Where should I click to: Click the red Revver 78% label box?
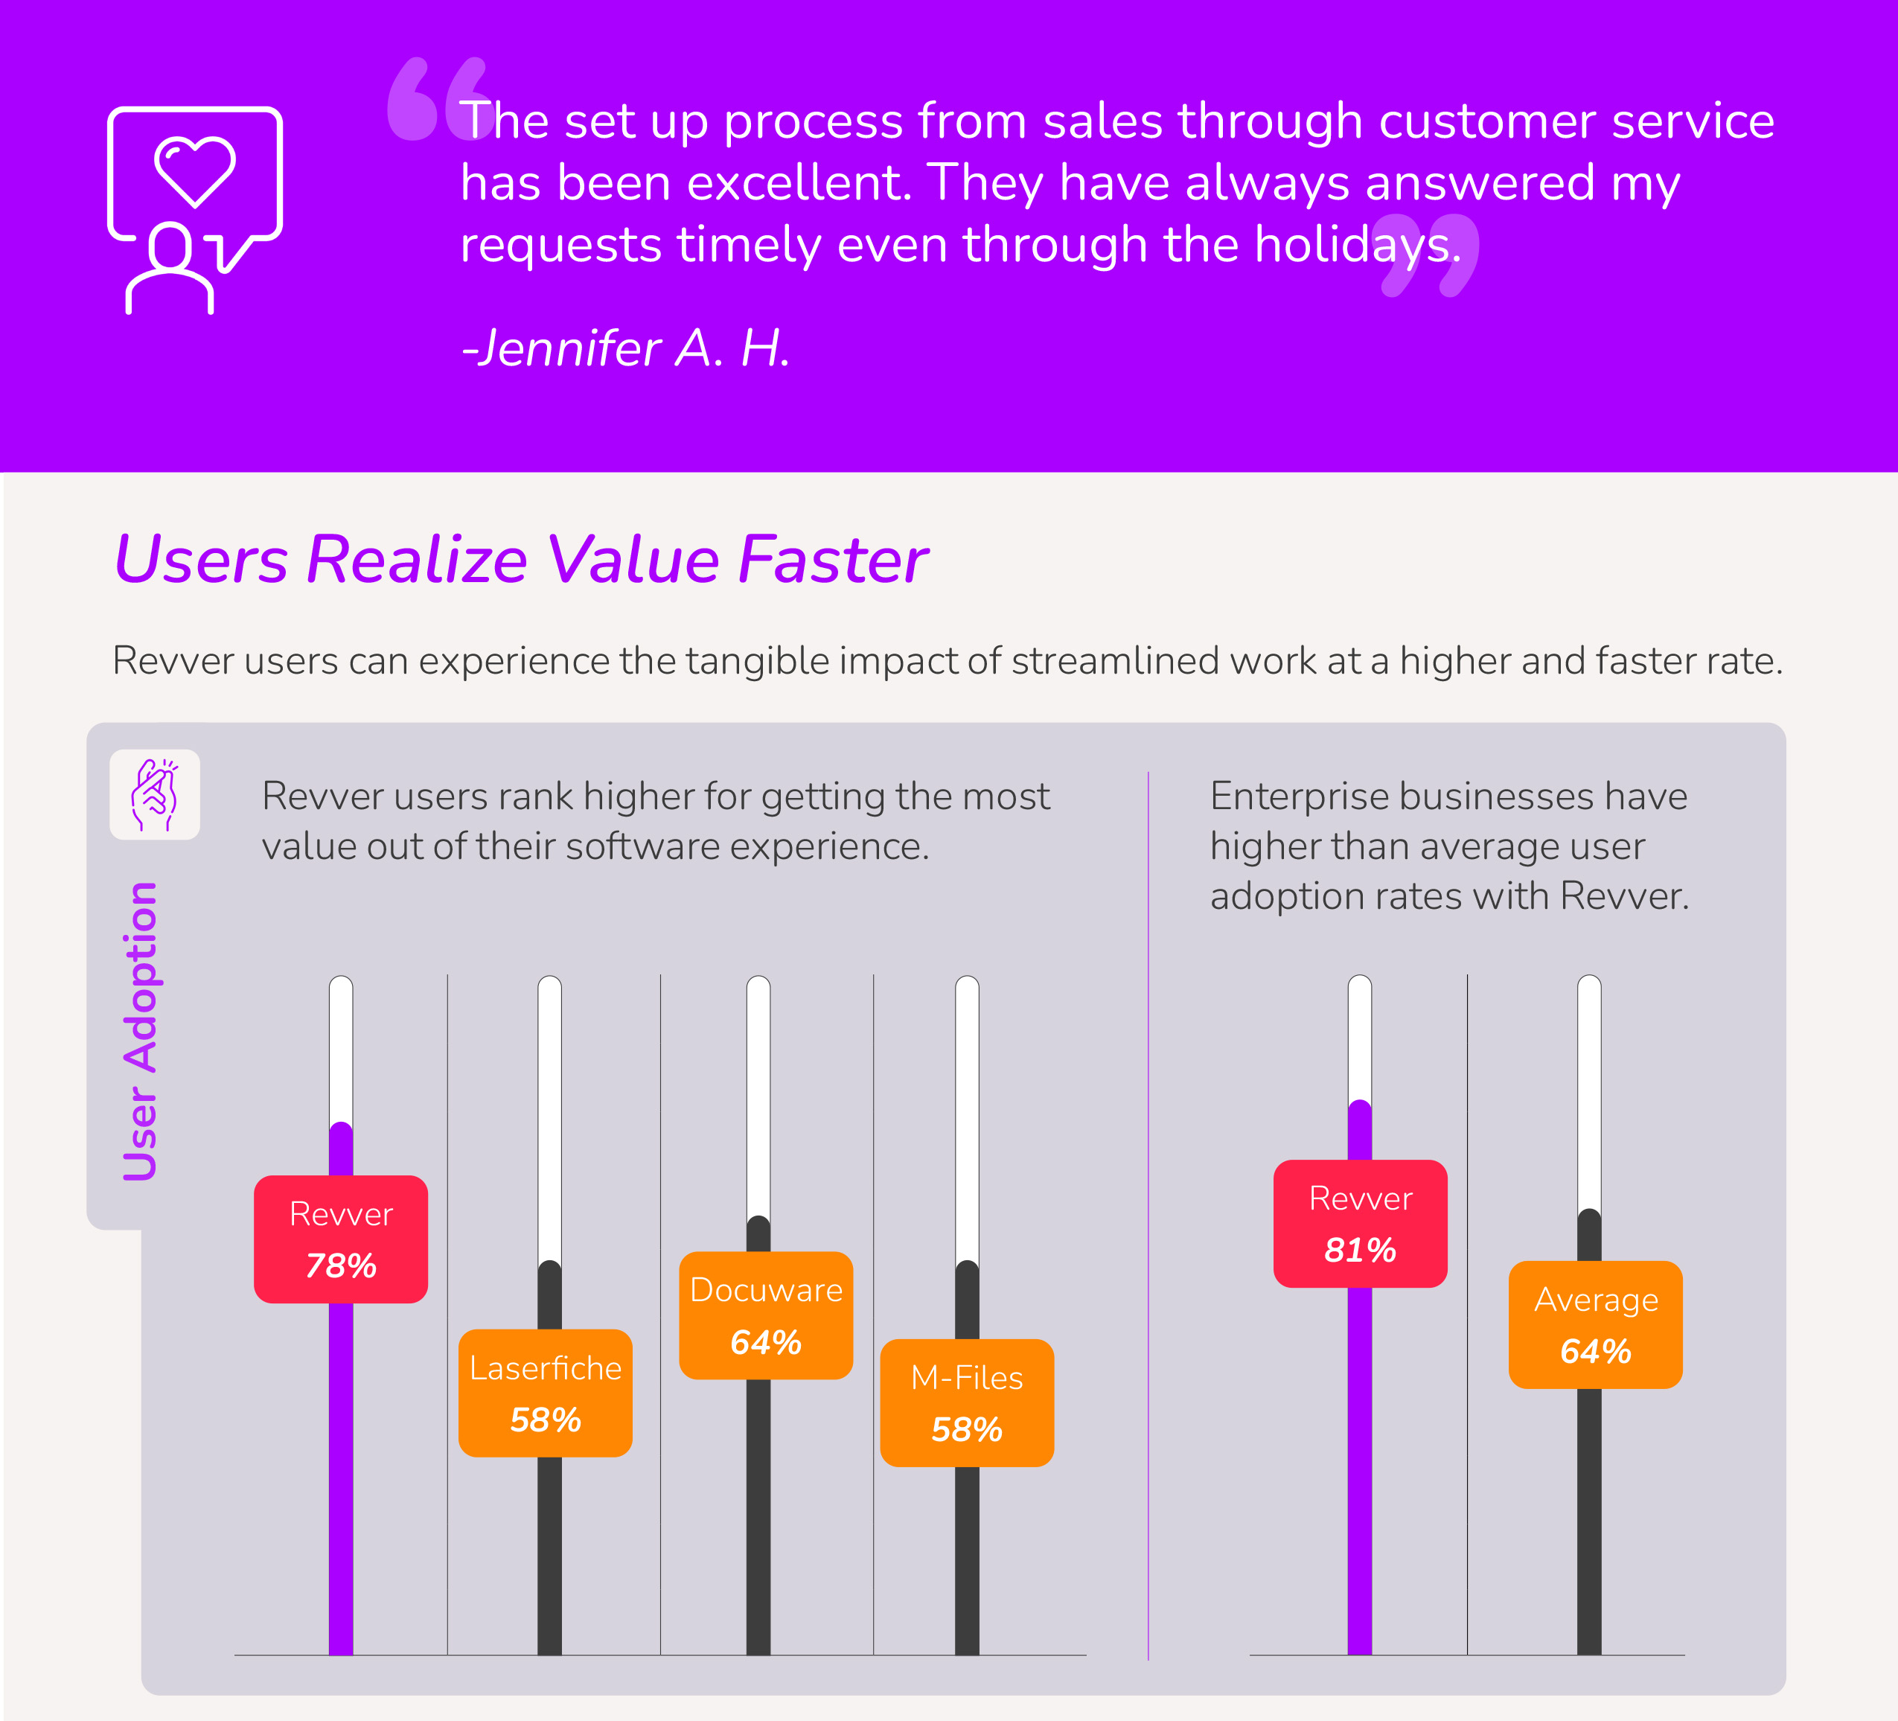pos(341,1239)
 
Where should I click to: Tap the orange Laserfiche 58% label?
pos(545,1393)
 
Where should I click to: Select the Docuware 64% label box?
pos(765,1315)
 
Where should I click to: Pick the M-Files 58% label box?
pos(967,1403)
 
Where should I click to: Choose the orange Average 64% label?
pos(1595,1325)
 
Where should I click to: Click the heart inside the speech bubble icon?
pos(195,170)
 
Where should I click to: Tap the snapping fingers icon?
pos(154,794)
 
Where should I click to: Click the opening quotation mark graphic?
pos(438,100)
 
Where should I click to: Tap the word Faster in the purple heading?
pos(833,561)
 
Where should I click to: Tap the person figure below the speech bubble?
pos(170,268)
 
